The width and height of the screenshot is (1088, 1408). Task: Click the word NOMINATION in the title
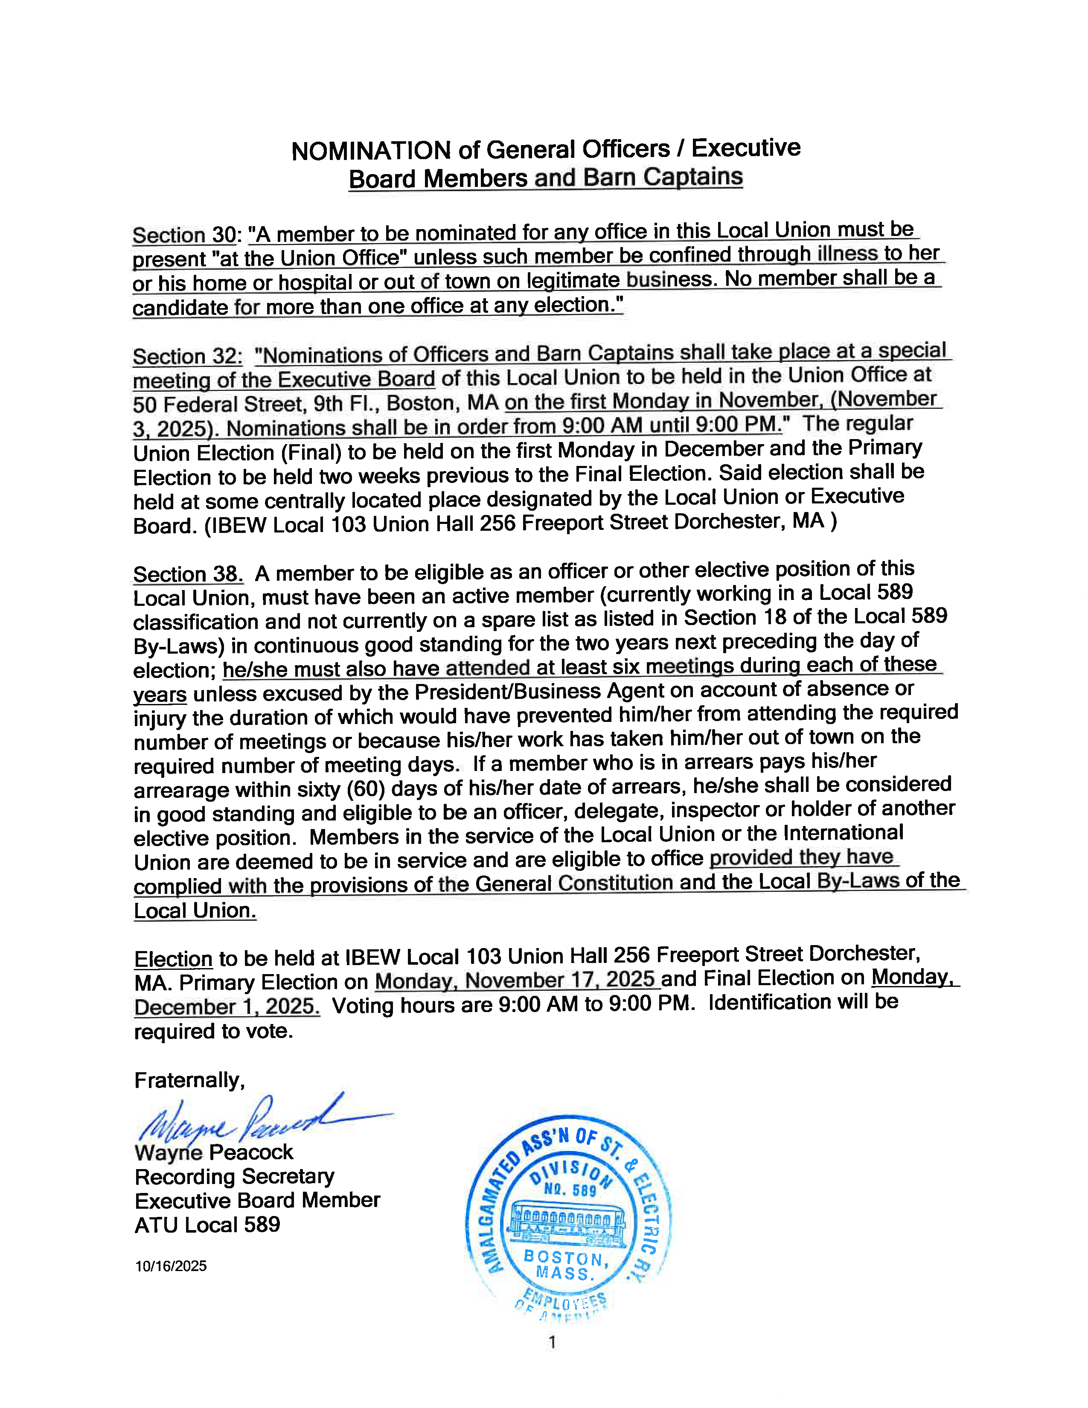[371, 151]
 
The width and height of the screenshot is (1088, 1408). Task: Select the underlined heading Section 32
[187, 356]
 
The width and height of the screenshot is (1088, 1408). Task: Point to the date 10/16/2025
[171, 1265]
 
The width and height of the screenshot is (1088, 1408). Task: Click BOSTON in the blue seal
[563, 1257]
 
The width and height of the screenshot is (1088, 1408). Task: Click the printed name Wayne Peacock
[213, 1152]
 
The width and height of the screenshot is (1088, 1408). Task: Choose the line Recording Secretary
[234, 1177]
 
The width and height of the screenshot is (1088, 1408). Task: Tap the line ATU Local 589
[207, 1224]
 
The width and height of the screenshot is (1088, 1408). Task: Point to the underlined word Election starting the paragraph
[173, 959]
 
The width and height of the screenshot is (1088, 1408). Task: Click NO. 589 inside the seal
[570, 1189]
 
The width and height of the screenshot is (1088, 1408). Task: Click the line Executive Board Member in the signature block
[257, 1200]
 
